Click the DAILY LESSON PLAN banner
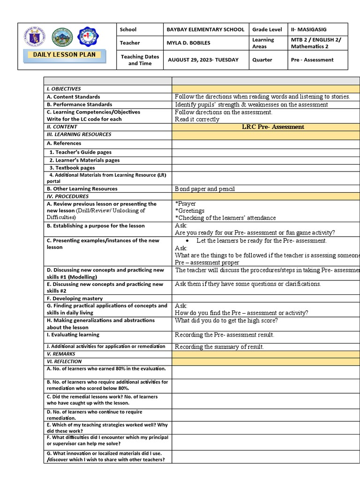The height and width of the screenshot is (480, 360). [64, 55]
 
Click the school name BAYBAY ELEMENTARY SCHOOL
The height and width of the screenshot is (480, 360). [205, 30]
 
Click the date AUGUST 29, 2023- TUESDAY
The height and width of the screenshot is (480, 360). [202, 60]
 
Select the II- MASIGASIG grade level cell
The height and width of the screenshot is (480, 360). [308, 30]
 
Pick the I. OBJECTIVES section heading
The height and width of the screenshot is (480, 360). [64, 89]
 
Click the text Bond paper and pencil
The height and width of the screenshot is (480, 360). [205, 189]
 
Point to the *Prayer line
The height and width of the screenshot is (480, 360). [186, 204]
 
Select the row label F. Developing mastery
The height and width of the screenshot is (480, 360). [75, 298]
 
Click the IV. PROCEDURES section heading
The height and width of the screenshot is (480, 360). [67, 196]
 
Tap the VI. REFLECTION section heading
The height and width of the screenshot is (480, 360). [64, 361]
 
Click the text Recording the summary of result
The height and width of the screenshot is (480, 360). [219, 347]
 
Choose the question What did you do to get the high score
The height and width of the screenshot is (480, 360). [226, 321]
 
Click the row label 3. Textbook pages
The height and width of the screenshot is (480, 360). [72, 167]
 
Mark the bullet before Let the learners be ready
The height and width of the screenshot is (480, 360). [187, 240]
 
